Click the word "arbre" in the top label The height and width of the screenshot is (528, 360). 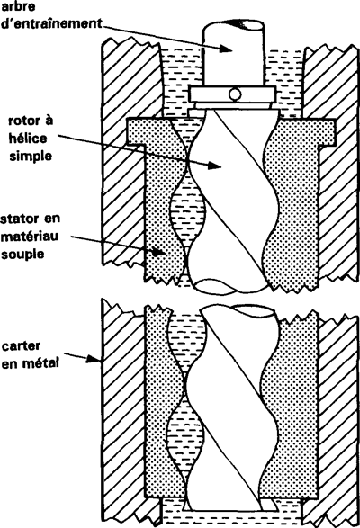pyautogui.click(x=18, y=6)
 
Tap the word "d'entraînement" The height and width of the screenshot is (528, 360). pyautogui.click(x=51, y=24)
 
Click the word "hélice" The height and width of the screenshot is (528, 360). pyautogui.click(x=28, y=139)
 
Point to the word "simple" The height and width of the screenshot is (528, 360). pyautogui.click(x=31, y=157)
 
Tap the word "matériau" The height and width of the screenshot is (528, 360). pyautogui.click(x=30, y=237)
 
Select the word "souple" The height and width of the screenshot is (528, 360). pyautogui.click(x=22, y=255)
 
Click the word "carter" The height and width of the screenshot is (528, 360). pyautogui.click(x=21, y=346)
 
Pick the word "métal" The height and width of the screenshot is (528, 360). pyautogui.click(x=41, y=363)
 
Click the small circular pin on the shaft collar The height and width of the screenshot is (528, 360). pyautogui.click(x=235, y=94)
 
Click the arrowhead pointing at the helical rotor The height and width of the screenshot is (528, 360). pyautogui.click(x=213, y=165)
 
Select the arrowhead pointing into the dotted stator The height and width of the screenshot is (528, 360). pyautogui.click(x=157, y=252)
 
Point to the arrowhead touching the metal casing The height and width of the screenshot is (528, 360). pyautogui.click(x=94, y=359)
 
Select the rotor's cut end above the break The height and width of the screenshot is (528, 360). pyautogui.click(x=216, y=287)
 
